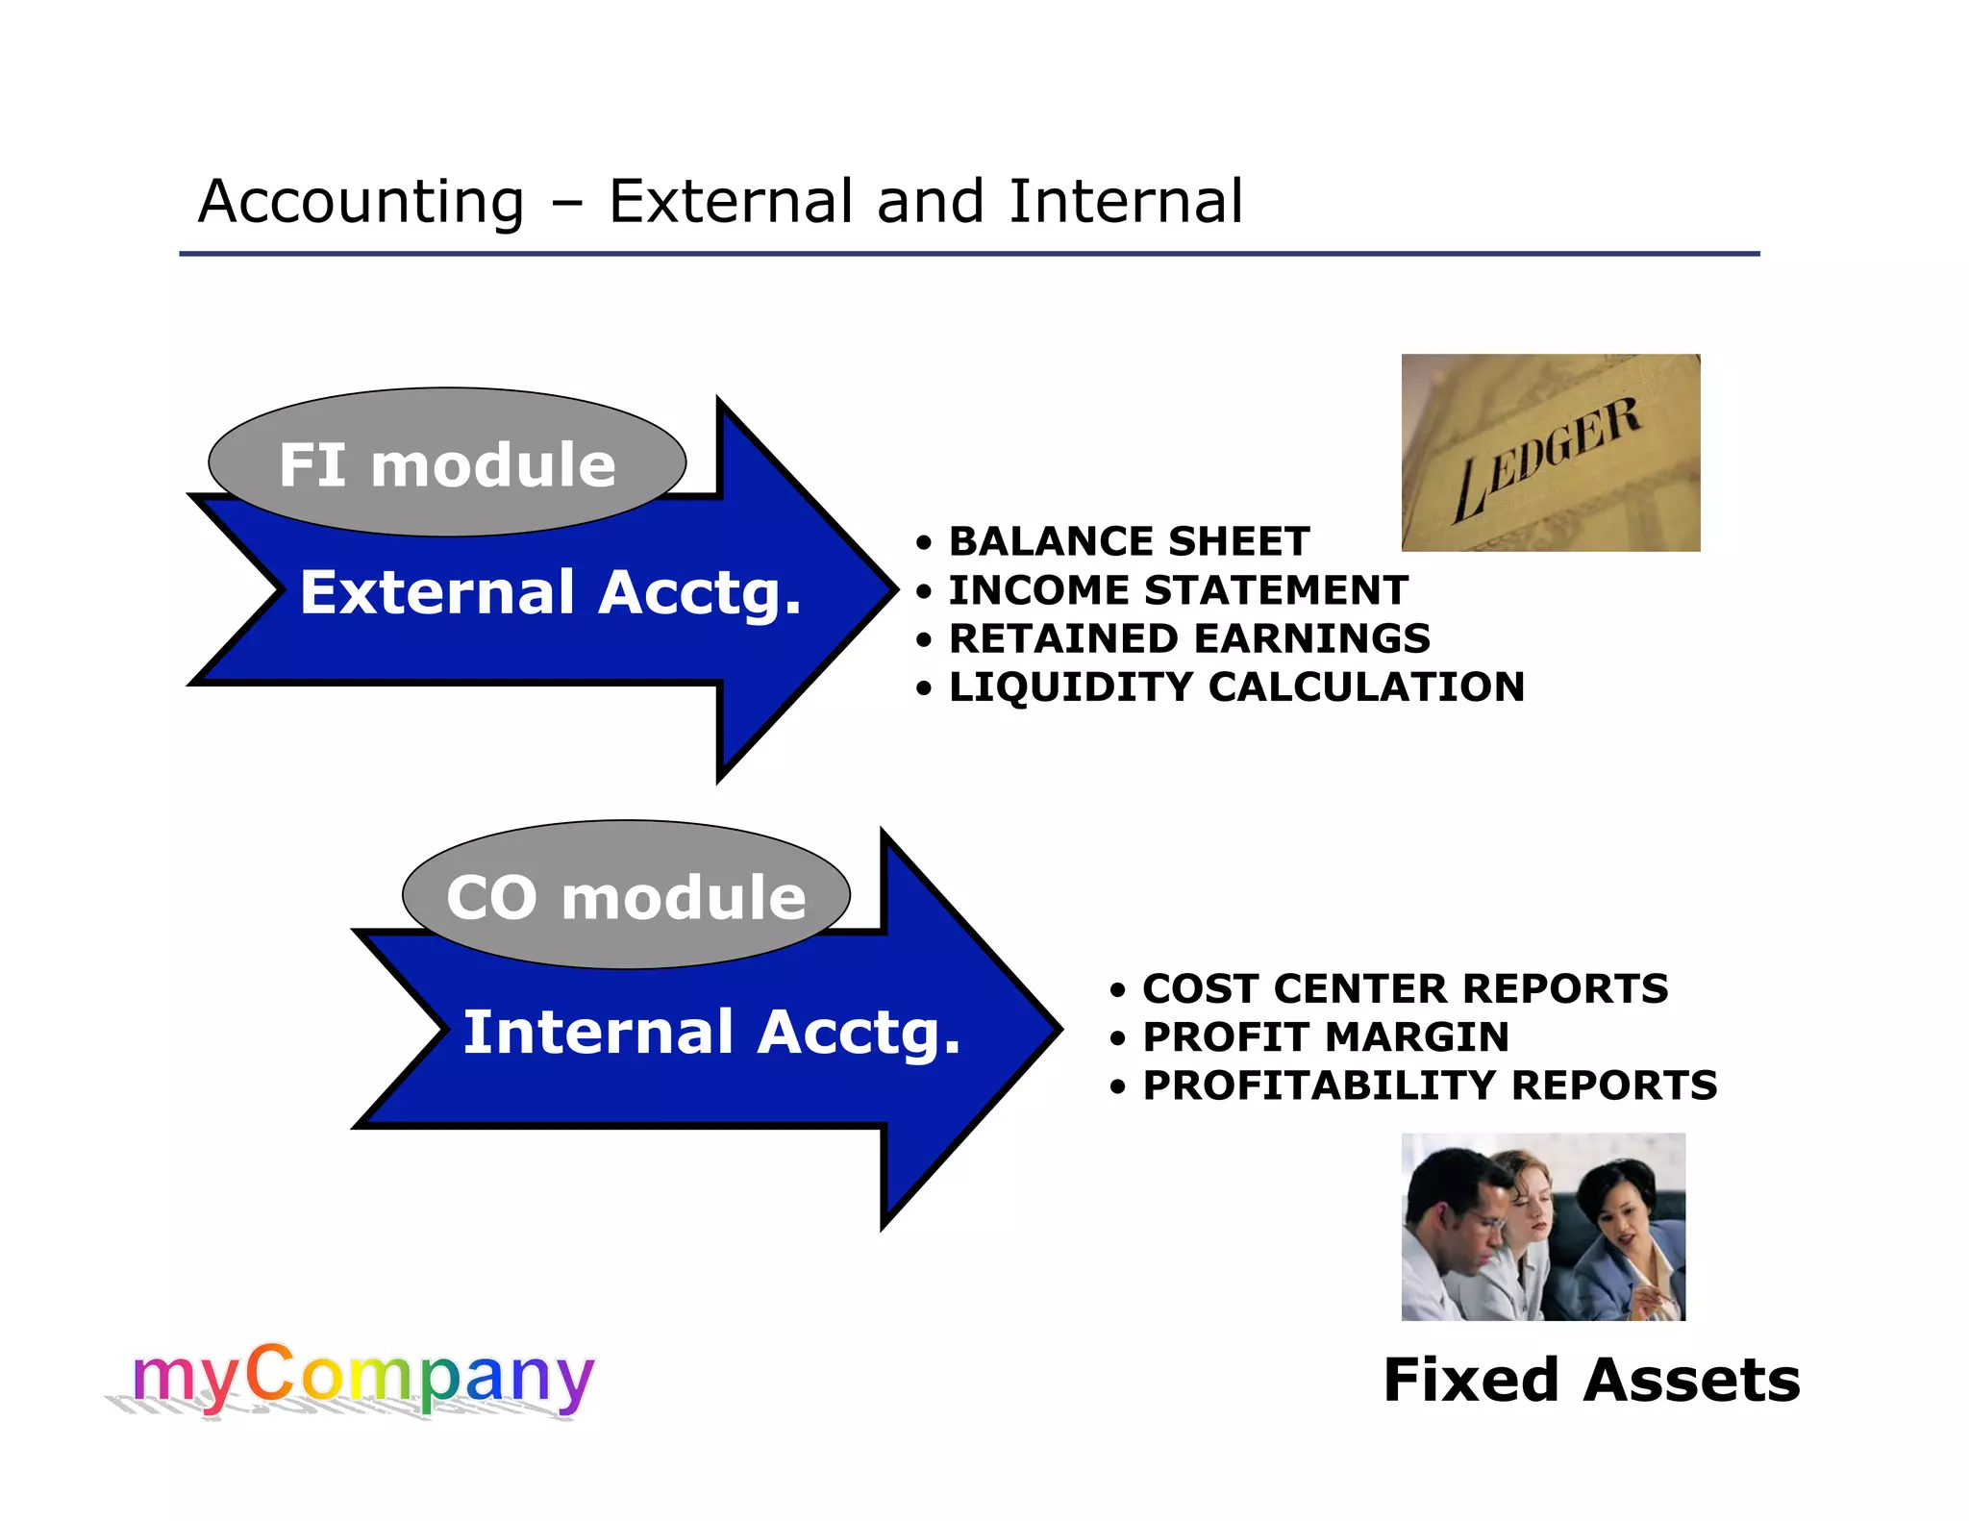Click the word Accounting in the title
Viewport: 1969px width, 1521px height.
[x=361, y=202]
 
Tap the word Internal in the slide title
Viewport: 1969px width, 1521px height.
[x=1126, y=202]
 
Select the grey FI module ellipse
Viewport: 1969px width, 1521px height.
[x=447, y=463]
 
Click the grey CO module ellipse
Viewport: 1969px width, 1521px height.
[x=626, y=896]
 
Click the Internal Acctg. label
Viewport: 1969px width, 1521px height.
[x=711, y=1032]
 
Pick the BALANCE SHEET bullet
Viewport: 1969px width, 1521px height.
[x=1129, y=541]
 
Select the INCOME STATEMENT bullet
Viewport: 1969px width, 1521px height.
[x=1178, y=589]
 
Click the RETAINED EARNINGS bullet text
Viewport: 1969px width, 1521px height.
[x=1189, y=638]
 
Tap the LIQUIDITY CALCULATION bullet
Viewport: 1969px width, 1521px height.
[x=1236, y=686]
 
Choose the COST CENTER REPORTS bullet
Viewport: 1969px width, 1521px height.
[x=1405, y=988]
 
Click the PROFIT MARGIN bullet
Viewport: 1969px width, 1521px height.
[x=1325, y=1036]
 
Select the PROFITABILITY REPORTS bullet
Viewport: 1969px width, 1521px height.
[x=1429, y=1085]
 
